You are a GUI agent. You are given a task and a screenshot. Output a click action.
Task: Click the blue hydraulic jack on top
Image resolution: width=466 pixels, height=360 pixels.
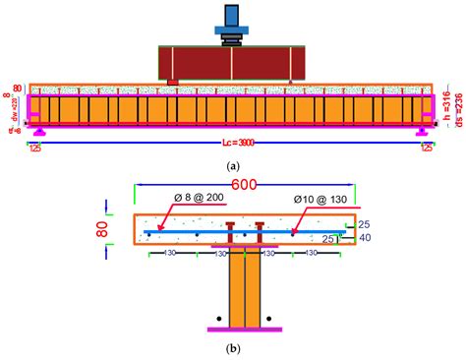tap(232, 19)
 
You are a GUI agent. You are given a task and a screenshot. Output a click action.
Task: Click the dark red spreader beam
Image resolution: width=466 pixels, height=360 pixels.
tap(232, 62)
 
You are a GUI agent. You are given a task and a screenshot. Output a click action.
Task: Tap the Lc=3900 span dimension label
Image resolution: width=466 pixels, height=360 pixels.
tap(233, 144)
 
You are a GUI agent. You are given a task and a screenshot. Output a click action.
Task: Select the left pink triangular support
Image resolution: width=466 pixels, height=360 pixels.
tap(38, 129)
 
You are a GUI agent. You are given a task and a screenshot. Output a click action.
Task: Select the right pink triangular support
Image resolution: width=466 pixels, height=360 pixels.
tap(424, 129)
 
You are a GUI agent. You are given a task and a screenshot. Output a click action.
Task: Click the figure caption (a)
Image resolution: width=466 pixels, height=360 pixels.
tap(233, 166)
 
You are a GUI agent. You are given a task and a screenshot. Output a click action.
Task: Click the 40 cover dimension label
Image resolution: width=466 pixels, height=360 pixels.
tap(365, 239)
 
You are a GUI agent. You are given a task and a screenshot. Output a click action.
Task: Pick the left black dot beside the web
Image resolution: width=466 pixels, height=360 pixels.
tap(215, 318)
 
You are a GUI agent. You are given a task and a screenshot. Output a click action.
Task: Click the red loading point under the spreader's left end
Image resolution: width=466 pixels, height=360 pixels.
tap(173, 82)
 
